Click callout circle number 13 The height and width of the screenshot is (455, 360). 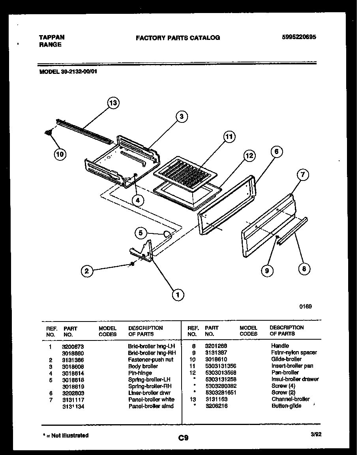click(113, 103)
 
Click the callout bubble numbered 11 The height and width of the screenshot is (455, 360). click(229, 137)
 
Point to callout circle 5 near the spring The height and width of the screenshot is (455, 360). click(140, 233)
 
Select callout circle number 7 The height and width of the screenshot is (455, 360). click(303, 174)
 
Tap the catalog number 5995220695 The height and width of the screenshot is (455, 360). click(299, 38)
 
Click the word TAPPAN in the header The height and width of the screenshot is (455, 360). click(52, 37)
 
